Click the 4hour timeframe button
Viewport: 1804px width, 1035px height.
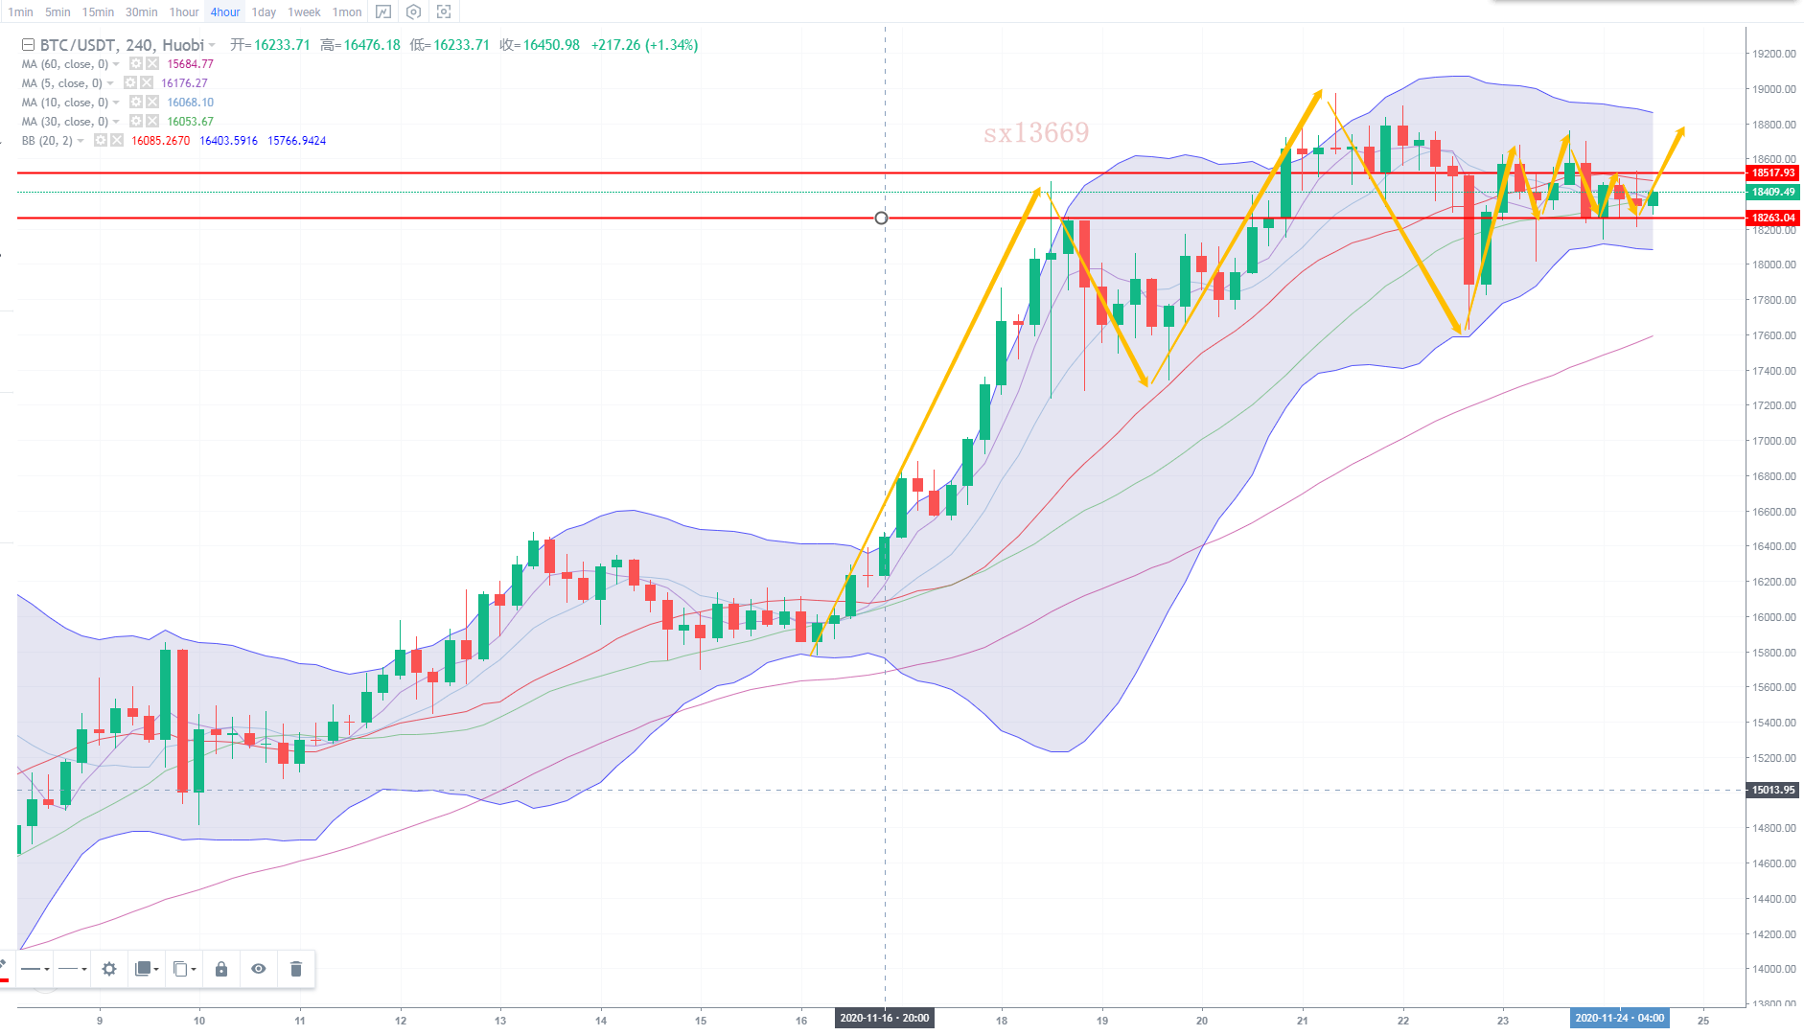[x=225, y=12]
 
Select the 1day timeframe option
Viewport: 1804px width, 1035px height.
[x=264, y=12]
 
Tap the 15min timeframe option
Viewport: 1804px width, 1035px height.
[x=98, y=12]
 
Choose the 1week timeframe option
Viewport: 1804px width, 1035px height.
[x=304, y=12]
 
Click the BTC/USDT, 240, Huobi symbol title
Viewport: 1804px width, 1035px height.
[x=122, y=45]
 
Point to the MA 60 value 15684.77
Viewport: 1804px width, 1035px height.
[x=190, y=64]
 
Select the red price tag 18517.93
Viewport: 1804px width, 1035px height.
[x=1772, y=173]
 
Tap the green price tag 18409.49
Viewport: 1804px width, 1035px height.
[x=1772, y=193]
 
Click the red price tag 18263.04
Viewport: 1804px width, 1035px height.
[x=1772, y=218]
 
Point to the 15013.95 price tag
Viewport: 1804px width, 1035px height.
[x=1772, y=791]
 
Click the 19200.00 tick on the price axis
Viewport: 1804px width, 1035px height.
[x=1773, y=54]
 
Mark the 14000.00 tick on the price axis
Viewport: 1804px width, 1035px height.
[x=1773, y=969]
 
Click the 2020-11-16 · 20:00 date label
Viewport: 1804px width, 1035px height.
[x=884, y=1019]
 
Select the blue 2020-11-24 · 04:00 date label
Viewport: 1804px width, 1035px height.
[x=1619, y=1019]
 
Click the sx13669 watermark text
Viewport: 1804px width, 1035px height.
[x=1036, y=132]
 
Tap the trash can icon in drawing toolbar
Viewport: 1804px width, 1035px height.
[x=296, y=969]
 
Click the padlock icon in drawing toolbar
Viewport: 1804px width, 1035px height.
[x=221, y=969]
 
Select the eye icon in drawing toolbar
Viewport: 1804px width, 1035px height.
[x=259, y=969]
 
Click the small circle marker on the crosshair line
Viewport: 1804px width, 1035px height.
[x=881, y=218]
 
